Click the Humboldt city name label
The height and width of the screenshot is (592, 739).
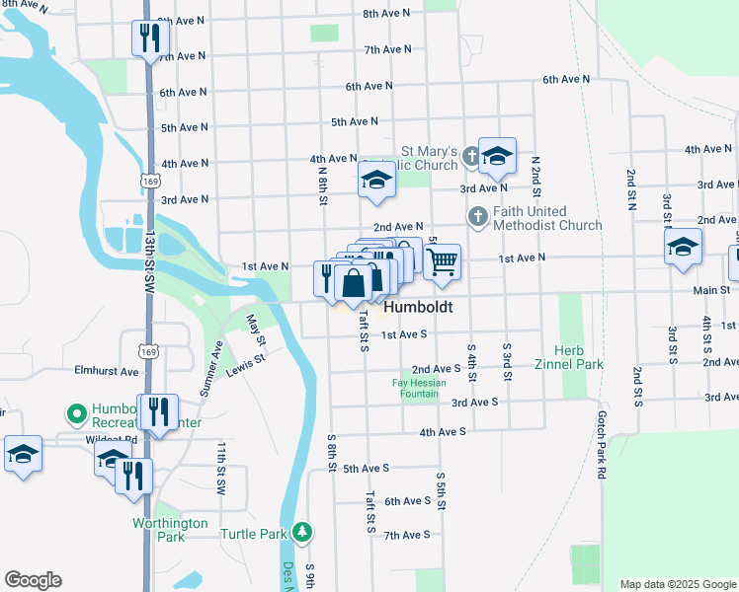pyautogui.click(x=418, y=308)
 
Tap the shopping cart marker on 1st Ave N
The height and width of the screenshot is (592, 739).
pyautogui.click(x=443, y=261)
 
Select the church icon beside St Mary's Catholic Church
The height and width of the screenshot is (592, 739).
pyautogui.click(x=470, y=155)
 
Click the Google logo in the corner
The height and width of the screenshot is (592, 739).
pyautogui.click(x=33, y=580)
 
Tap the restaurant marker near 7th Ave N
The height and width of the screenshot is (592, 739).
pyautogui.click(x=150, y=38)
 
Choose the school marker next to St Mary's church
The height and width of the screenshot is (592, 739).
pyautogui.click(x=497, y=155)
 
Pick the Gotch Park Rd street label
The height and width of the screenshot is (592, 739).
pyautogui.click(x=600, y=445)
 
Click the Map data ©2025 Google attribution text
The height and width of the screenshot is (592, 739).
pyautogui.click(x=676, y=584)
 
